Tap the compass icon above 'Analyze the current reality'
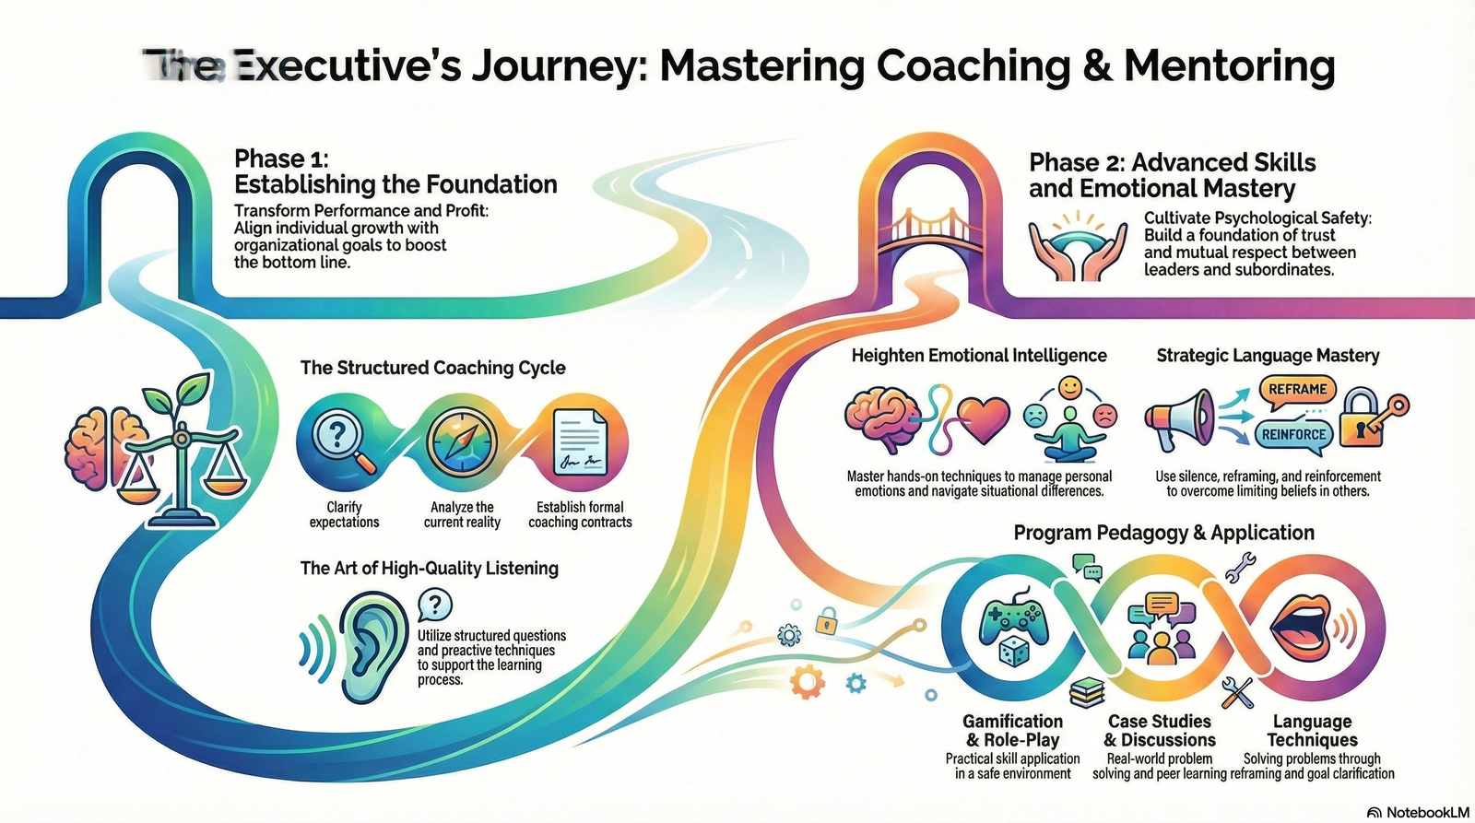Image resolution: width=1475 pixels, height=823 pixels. [x=463, y=441]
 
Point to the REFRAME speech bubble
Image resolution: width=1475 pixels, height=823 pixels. [x=1297, y=390]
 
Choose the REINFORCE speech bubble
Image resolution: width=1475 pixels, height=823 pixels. [x=1293, y=434]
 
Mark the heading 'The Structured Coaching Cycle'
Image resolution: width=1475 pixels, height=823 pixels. [x=433, y=368]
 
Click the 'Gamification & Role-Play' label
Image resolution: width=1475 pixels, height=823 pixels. [x=1012, y=730]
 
